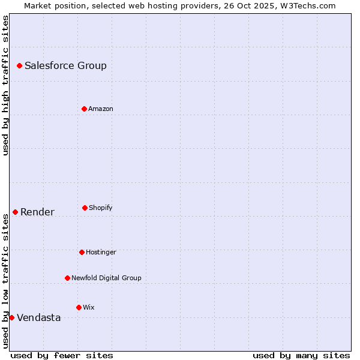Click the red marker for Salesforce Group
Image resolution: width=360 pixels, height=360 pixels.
click(19, 65)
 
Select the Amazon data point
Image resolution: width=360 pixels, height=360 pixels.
click(84, 109)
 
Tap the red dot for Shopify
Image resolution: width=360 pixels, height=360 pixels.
click(85, 208)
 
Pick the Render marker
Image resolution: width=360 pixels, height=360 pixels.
click(15, 212)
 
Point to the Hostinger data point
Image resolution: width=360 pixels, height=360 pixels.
click(82, 252)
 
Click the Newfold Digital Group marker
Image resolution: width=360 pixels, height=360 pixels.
click(67, 278)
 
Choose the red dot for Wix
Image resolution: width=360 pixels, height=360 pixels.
click(79, 307)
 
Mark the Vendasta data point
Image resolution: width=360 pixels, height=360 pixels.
click(11, 317)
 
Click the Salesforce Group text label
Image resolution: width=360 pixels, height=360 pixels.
click(65, 66)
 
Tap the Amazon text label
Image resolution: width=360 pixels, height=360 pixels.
click(101, 109)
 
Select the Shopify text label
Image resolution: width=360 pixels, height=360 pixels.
click(101, 208)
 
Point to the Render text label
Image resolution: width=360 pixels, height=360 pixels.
click(37, 212)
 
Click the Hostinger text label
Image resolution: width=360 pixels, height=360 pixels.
click(101, 253)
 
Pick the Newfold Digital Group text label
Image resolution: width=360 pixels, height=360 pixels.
click(106, 278)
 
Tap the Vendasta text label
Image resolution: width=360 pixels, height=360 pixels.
click(38, 318)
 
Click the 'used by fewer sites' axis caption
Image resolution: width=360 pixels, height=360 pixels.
click(62, 355)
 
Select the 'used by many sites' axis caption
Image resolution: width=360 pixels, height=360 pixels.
click(301, 355)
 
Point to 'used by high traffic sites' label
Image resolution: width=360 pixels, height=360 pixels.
click(5, 85)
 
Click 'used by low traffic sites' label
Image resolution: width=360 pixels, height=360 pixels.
click(5, 280)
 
